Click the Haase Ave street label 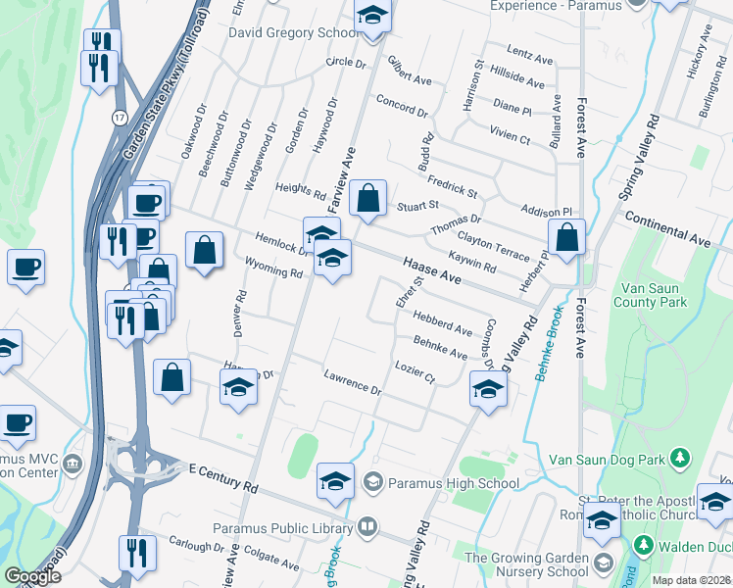[x=431, y=270]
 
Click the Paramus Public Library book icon [x=366, y=527]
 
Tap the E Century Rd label [x=223, y=478]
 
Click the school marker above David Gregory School [x=371, y=17]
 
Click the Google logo [x=32, y=576]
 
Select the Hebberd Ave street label [x=442, y=322]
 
